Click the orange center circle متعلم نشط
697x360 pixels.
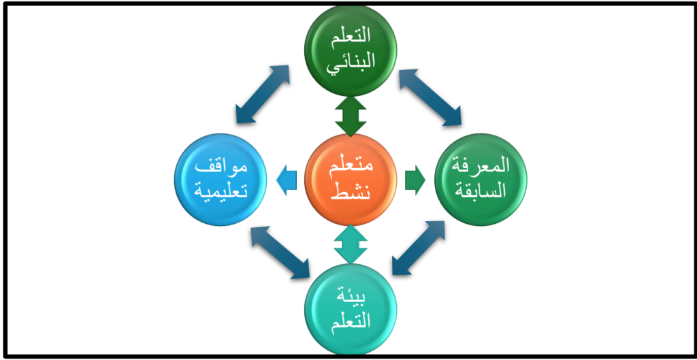(351, 180)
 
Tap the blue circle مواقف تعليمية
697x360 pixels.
(221, 180)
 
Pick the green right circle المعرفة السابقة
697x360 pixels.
(481, 180)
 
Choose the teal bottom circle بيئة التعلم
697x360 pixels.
(351, 310)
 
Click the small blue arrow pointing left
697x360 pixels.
(287, 180)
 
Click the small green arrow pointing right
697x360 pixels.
(415, 180)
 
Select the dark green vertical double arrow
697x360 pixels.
(351, 116)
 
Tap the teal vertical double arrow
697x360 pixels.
(351, 244)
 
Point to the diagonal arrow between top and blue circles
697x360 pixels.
(262, 94)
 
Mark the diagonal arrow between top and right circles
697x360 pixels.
(430, 97)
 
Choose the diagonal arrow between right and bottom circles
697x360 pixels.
(419, 248)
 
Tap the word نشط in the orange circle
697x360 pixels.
(351, 191)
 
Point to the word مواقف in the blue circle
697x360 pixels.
(221, 168)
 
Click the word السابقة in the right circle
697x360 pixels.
(481, 191)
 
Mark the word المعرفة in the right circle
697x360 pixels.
(481, 167)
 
